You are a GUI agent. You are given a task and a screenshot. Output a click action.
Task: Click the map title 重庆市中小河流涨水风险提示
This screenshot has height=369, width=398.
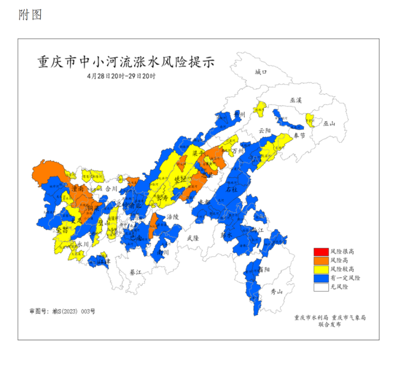126,62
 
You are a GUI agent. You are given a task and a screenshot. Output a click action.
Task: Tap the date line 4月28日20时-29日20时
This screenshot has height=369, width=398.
122,76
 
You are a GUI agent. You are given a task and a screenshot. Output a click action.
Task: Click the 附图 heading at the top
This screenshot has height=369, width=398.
30,15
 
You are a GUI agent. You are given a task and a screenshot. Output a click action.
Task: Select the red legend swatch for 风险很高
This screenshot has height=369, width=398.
321,251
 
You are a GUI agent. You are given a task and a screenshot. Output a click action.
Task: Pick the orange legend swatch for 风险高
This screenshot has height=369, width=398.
321,260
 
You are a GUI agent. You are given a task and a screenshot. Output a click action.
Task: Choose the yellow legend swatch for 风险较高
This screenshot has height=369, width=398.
321,269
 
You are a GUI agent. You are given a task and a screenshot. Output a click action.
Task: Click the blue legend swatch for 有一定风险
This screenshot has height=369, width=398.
321,278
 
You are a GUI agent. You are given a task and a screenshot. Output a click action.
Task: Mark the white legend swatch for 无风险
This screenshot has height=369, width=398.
321,287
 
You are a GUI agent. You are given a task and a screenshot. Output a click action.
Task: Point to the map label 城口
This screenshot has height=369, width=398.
261,72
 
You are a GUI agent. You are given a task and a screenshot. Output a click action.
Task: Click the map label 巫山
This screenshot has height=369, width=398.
330,124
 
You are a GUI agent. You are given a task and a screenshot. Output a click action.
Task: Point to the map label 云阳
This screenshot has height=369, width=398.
264,130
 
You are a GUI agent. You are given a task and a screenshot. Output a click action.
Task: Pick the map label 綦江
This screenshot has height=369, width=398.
136,272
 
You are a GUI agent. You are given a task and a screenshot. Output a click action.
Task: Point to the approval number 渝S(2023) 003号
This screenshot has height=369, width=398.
62,311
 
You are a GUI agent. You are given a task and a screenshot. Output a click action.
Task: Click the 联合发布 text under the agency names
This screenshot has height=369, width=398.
330,324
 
